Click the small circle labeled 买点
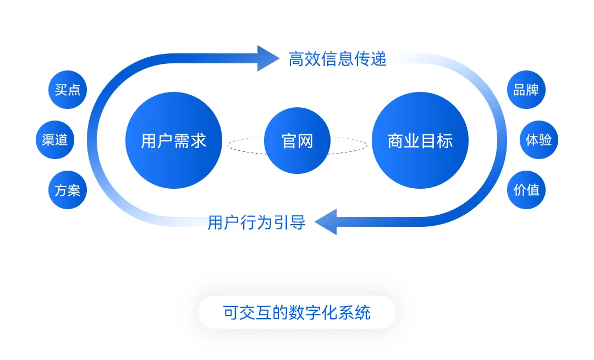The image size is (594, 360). click(x=68, y=90)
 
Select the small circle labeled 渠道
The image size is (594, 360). click(x=54, y=140)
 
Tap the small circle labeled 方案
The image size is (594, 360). click(x=68, y=190)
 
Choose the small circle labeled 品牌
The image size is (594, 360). click(x=526, y=90)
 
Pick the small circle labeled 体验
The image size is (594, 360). click(x=539, y=140)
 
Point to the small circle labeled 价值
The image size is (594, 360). click(x=526, y=190)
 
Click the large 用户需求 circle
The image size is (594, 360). click(x=173, y=140)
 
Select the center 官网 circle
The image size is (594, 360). click(x=297, y=140)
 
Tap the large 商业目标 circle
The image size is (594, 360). click(x=420, y=140)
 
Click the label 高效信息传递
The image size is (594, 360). click(x=338, y=59)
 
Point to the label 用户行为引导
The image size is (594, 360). click(x=256, y=223)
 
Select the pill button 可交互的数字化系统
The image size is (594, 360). click(x=297, y=312)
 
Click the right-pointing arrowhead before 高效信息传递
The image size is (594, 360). click(x=268, y=58)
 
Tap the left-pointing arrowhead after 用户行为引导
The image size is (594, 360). click(x=326, y=222)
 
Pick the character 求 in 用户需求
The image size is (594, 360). click(x=199, y=141)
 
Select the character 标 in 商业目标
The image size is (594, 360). click(x=445, y=141)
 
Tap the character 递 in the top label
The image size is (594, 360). click(x=379, y=59)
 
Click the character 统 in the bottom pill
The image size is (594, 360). click(x=363, y=313)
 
